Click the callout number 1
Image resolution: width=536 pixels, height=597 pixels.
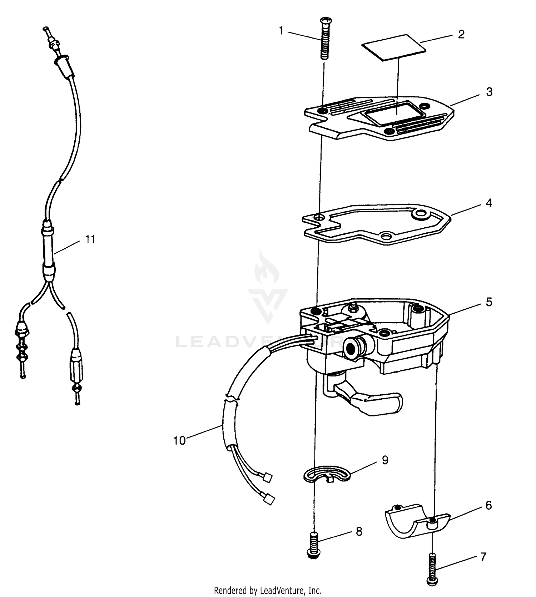click(x=281, y=31)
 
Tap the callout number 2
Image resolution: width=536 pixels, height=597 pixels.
click(x=461, y=35)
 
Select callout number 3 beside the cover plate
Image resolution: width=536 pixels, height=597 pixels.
click(x=489, y=92)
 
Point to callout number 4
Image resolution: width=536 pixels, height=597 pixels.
click(x=489, y=203)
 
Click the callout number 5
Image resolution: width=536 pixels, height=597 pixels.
click(x=489, y=302)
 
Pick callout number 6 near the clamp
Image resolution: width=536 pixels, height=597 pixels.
click(x=488, y=505)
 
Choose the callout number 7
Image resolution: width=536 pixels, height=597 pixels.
click(x=483, y=557)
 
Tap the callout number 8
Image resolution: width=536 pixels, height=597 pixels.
click(x=359, y=532)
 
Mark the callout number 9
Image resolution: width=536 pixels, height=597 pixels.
click(x=385, y=460)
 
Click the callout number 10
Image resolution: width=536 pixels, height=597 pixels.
click(x=179, y=441)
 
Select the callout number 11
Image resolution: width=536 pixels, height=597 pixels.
click(x=90, y=239)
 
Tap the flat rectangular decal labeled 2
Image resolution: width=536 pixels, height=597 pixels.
click(x=394, y=47)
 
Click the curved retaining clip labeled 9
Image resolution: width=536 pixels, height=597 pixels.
click(x=327, y=474)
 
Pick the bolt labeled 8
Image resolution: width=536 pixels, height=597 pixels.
click(x=314, y=544)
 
